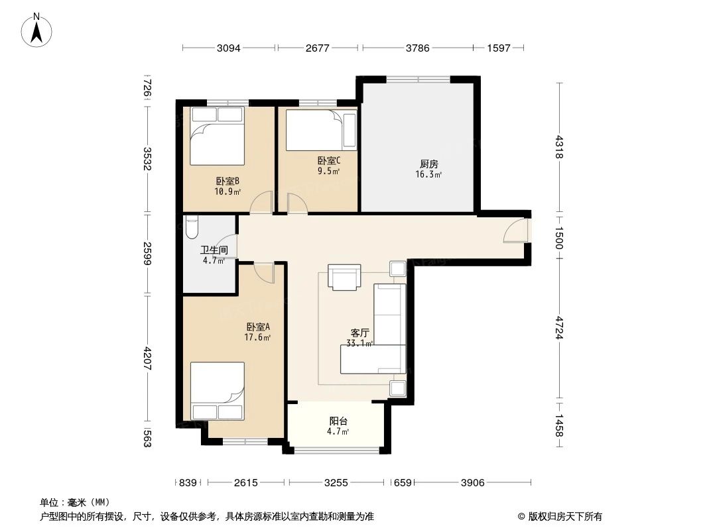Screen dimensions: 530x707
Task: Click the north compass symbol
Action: pyautogui.click(x=38, y=30)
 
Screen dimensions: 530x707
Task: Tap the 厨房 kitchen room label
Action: pyautogui.click(x=428, y=164)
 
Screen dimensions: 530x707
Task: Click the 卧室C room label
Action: pyautogui.click(x=328, y=160)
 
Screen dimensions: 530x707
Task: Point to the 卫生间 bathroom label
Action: pyautogui.click(x=214, y=250)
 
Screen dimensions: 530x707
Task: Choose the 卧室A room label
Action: pyautogui.click(x=257, y=327)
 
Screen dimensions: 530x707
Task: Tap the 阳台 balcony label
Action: pyautogui.click(x=339, y=421)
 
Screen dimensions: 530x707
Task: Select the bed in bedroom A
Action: pyautogui.click(x=217, y=391)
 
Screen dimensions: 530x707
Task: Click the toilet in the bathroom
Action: pyautogui.click(x=192, y=227)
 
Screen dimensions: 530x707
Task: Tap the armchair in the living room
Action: pyautogui.click(x=344, y=277)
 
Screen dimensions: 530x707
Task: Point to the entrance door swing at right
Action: pyautogui.click(x=515, y=230)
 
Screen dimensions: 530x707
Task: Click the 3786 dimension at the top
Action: pyautogui.click(x=418, y=48)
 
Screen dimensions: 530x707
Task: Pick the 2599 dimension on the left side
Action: pyautogui.click(x=147, y=253)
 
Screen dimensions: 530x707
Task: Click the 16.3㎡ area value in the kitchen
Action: pyautogui.click(x=428, y=175)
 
